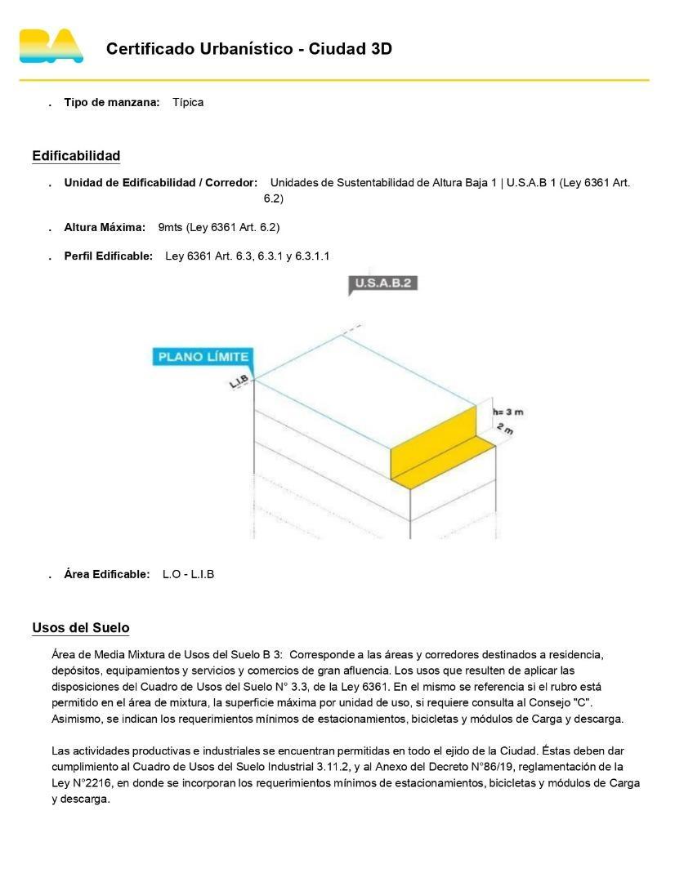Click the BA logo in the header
[51, 46]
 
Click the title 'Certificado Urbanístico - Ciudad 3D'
[248, 49]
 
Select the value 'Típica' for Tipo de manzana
[188, 103]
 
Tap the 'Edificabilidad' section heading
[76, 156]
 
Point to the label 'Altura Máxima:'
[105, 227]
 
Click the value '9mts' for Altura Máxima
[170, 227]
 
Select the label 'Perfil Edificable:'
[108, 256]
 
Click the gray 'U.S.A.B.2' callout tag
[383, 283]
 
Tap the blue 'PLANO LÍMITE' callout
[203, 357]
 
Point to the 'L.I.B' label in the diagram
[239, 381]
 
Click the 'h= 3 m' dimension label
[507, 412]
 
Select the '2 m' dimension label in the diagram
[505, 430]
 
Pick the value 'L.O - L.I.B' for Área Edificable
[188, 575]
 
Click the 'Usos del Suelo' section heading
[80, 628]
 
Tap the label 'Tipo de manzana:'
[112, 103]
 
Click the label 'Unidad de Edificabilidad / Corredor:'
[160, 183]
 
